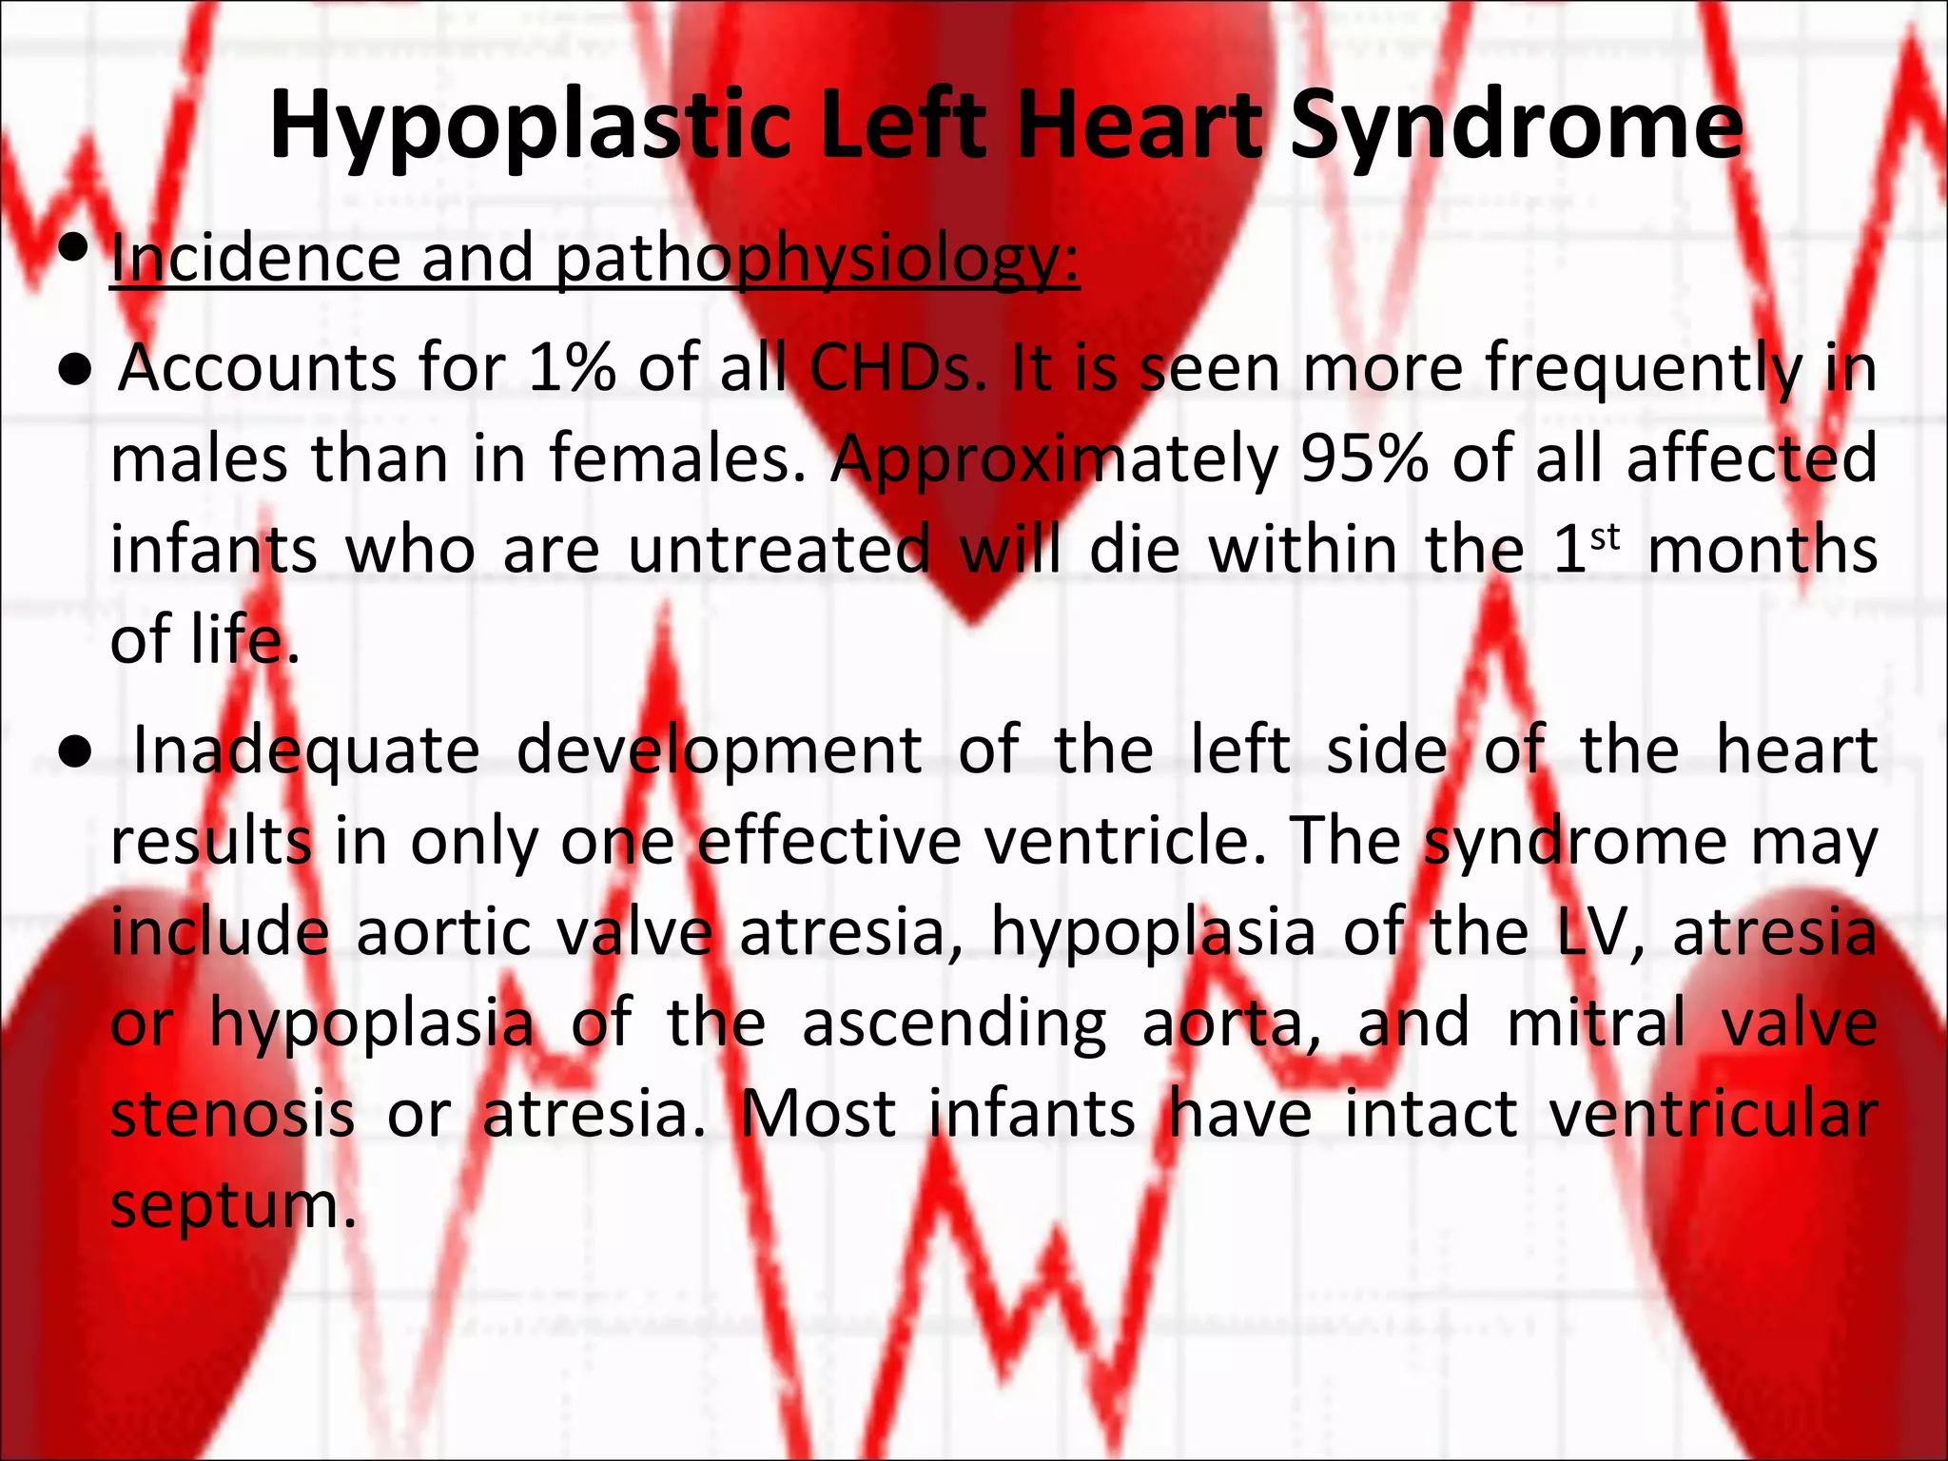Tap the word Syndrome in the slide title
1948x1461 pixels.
1516,126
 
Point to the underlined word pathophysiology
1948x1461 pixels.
817,260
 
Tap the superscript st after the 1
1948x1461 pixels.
1606,537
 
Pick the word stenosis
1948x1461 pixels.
233,1114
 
